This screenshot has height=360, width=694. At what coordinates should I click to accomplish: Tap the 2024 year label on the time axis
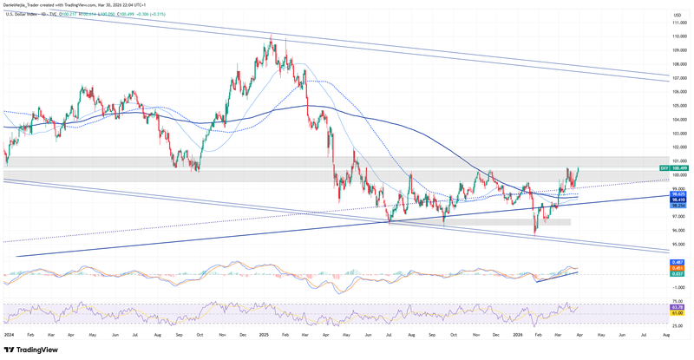pos(9,333)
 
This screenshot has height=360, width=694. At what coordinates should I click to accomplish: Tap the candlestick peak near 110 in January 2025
pos(271,36)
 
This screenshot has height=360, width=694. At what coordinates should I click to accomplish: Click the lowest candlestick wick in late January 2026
pos(534,235)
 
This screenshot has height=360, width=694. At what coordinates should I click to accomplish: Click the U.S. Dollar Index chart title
pos(26,15)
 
